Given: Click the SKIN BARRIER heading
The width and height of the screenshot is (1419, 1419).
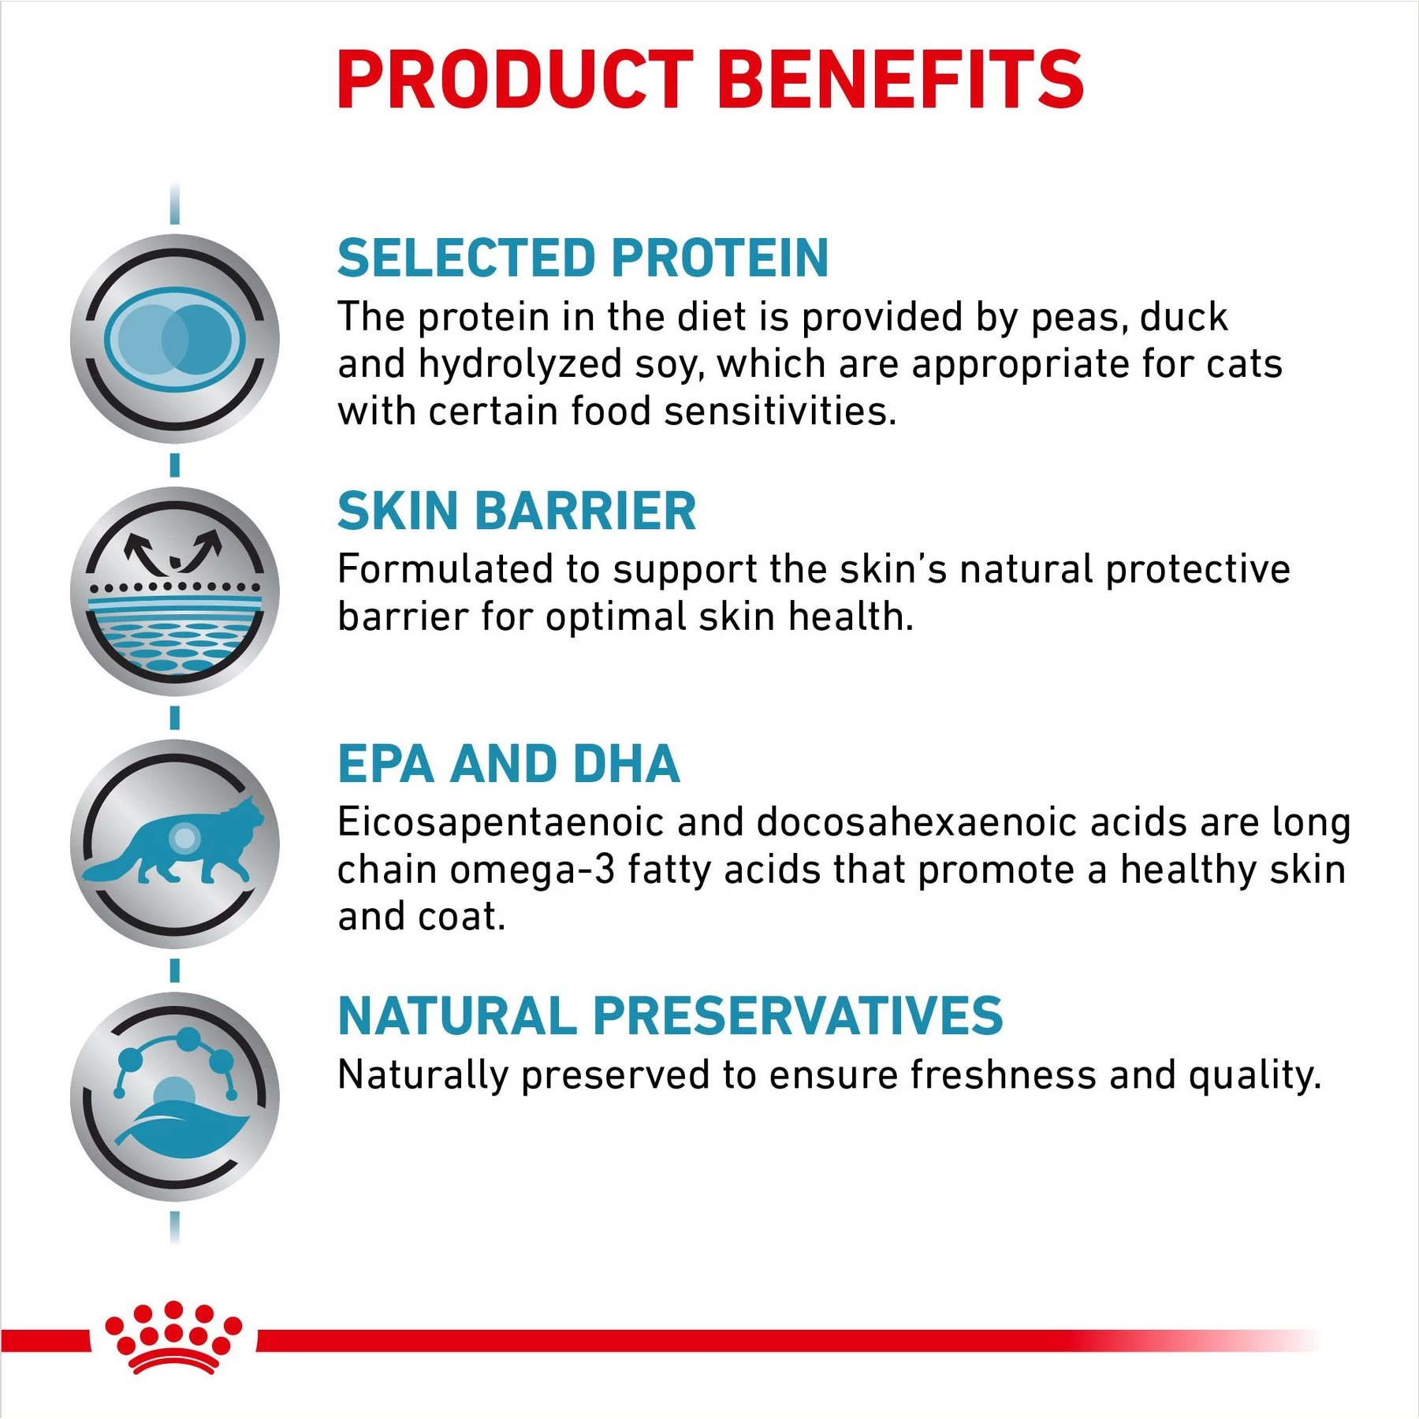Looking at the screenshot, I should tap(516, 511).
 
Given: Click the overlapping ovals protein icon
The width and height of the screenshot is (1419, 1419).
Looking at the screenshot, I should tap(175, 339).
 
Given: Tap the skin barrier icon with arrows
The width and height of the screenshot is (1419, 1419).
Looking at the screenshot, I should tap(175, 591).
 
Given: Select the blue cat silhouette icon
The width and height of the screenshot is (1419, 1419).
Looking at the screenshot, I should tap(175, 844).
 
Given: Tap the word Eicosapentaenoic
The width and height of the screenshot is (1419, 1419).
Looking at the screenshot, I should tap(501, 822).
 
